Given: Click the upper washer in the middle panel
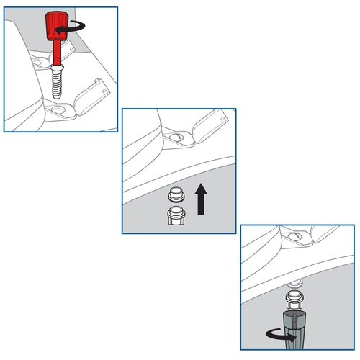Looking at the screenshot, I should (x=175, y=194).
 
